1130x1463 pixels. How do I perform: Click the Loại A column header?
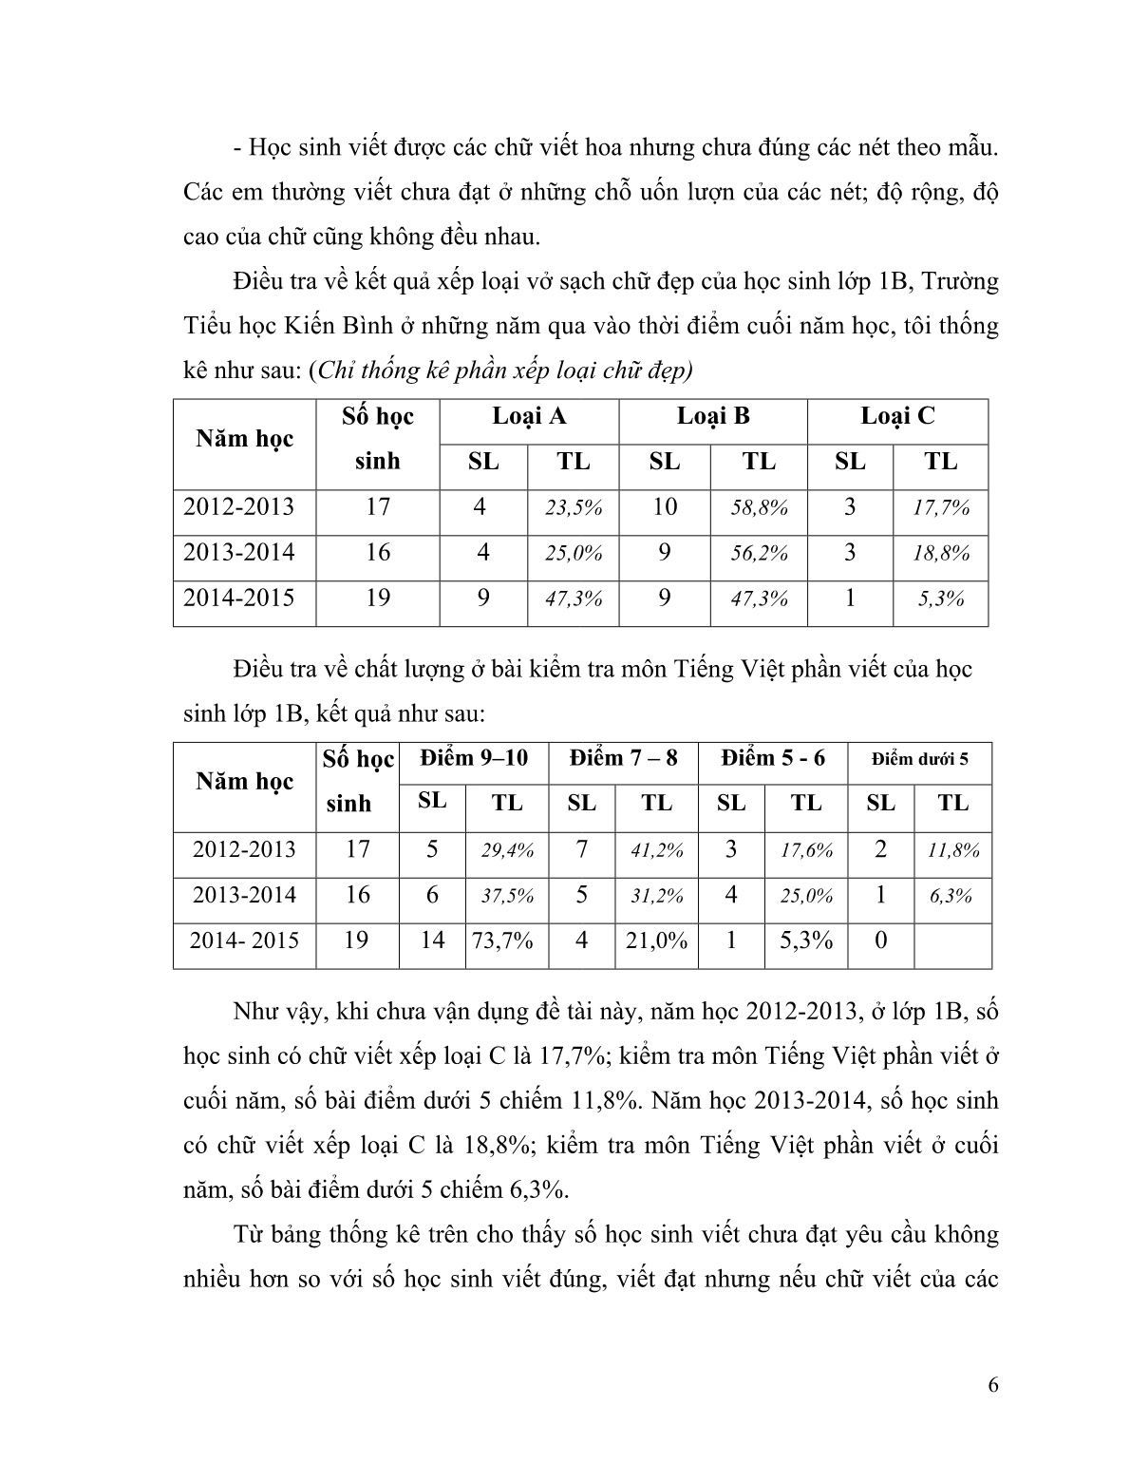pyautogui.click(x=529, y=416)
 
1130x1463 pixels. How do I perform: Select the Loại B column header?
pyautogui.click(x=712, y=416)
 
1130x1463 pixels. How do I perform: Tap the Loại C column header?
pyautogui.click(x=897, y=416)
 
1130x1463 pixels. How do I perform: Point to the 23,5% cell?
pyautogui.click(x=574, y=507)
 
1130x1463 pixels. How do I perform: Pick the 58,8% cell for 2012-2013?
pyautogui.click(x=759, y=507)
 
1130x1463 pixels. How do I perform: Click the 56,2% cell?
pyautogui.click(x=759, y=553)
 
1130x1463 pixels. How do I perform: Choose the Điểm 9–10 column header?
pyautogui.click(x=474, y=758)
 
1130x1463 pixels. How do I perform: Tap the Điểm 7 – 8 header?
pyautogui.click(x=624, y=758)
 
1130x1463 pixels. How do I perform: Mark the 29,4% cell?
pyautogui.click(x=507, y=850)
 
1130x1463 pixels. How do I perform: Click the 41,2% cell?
pyautogui.click(x=656, y=850)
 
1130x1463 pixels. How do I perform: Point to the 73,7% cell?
pyautogui.click(x=507, y=940)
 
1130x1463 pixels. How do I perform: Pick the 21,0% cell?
pyautogui.click(x=656, y=940)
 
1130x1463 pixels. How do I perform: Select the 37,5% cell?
pyautogui.click(x=507, y=896)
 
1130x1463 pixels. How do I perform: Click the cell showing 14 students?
pyautogui.click(x=432, y=940)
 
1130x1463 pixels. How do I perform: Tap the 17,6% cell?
pyautogui.click(x=806, y=850)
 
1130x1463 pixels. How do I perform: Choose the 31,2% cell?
pyautogui.click(x=656, y=896)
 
